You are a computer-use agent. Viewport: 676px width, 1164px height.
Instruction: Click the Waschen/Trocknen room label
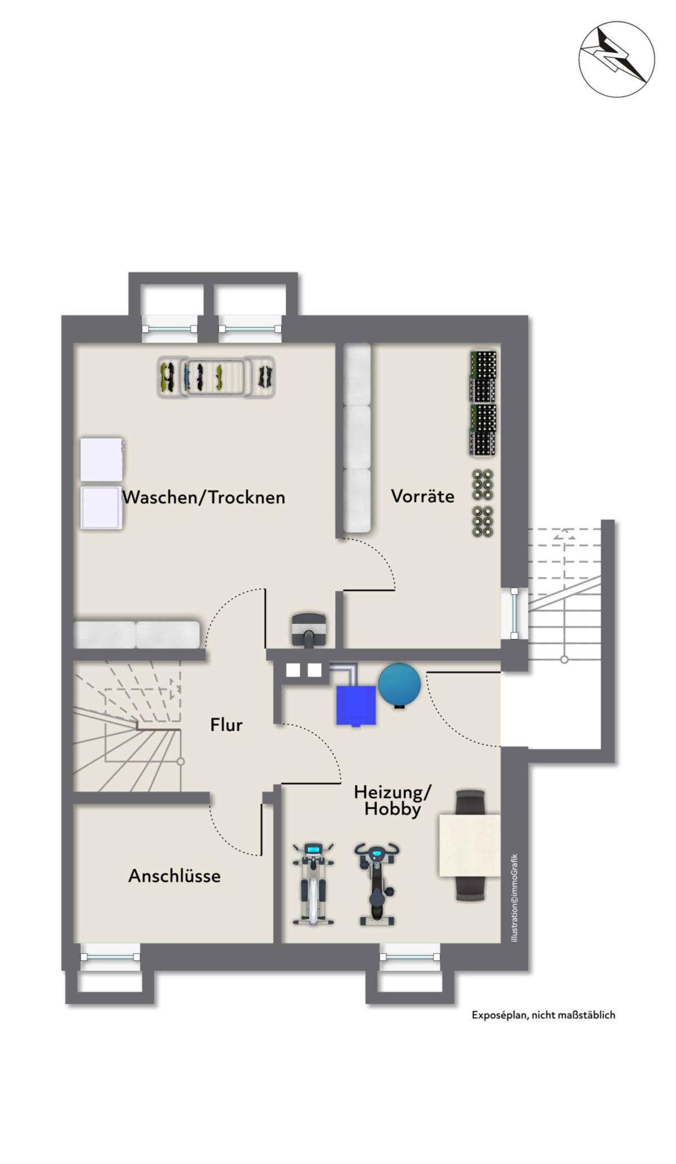[x=203, y=497]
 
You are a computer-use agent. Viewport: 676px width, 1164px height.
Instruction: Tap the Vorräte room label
[x=422, y=496]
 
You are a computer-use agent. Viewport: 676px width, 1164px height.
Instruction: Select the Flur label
[x=226, y=725]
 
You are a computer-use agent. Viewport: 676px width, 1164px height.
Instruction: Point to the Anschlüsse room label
[x=175, y=876]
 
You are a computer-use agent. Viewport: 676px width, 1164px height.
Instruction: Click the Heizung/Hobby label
[x=393, y=800]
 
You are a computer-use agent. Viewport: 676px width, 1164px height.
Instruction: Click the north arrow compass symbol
[x=617, y=59]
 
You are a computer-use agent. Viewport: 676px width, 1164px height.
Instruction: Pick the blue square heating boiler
[x=355, y=705]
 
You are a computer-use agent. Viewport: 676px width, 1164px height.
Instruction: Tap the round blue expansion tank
[x=399, y=684]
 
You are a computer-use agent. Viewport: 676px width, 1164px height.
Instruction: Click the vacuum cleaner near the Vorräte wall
[x=309, y=630]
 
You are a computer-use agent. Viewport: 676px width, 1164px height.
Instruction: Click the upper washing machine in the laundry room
[x=101, y=459]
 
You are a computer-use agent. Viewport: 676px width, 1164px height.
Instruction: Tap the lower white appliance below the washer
[x=101, y=508]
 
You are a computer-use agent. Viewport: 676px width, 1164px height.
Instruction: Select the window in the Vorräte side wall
[x=514, y=613]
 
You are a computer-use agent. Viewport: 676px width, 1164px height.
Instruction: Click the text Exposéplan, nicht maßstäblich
[x=544, y=1015]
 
